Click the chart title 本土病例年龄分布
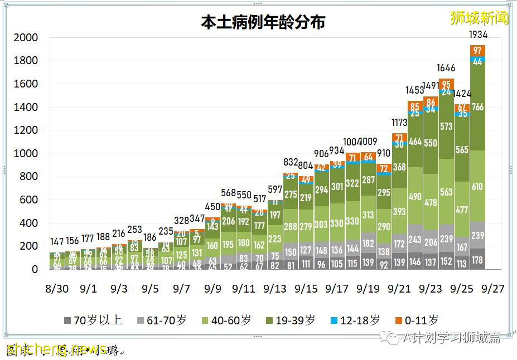(263, 22)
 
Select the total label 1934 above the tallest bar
(478, 35)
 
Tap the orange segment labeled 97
(477, 50)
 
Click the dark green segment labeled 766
(477, 107)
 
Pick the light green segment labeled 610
(477, 186)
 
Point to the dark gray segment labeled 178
(477, 260)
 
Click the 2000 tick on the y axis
(27, 38)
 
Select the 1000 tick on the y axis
(27, 154)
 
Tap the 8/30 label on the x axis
(57, 290)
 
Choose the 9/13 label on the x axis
(274, 290)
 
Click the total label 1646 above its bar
(446, 69)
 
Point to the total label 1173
(399, 123)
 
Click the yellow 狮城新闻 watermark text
(480, 18)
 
